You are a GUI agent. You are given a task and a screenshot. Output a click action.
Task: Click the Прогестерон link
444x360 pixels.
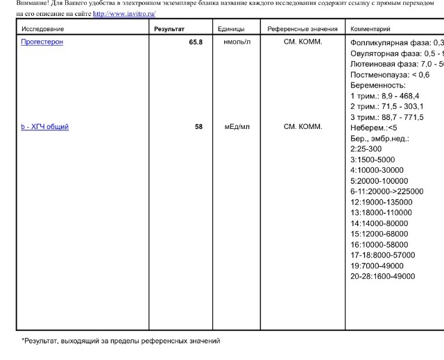click(x=42, y=42)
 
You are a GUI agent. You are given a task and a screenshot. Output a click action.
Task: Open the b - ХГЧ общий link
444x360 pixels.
click(x=45, y=127)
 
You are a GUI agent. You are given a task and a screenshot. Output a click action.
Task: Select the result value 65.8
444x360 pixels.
click(x=195, y=42)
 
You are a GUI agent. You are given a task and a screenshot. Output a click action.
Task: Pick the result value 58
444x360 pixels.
click(x=198, y=127)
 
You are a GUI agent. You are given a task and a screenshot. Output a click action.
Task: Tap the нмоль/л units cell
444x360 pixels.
click(x=237, y=42)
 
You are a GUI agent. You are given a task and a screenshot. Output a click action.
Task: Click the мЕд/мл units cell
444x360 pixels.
click(x=237, y=127)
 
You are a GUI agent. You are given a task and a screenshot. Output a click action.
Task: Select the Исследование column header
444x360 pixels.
click(x=43, y=29)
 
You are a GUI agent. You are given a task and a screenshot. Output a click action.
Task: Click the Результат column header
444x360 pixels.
click(x=169, y=29)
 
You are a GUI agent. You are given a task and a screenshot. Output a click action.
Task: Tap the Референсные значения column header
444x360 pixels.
click(x=302, y=29)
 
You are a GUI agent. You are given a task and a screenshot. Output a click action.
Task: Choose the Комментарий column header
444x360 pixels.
click(x=370, y=29)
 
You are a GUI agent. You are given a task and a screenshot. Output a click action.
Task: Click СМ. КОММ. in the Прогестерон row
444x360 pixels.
click(x=303, y=42)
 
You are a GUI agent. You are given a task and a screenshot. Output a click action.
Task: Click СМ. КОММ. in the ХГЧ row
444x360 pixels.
click(x=303, y=127)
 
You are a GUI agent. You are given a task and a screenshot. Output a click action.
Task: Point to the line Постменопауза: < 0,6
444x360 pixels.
click(x=390, y=74)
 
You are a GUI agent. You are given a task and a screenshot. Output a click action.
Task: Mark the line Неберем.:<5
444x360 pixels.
click(x=374, y=128)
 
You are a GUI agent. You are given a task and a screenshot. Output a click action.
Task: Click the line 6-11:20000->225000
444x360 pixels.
click(x=386, y=191)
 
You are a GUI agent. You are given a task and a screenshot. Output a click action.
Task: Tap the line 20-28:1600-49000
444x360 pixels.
click(x=383, y=276)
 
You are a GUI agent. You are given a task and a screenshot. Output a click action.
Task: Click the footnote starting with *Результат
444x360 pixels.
click(x=120, y=341)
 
